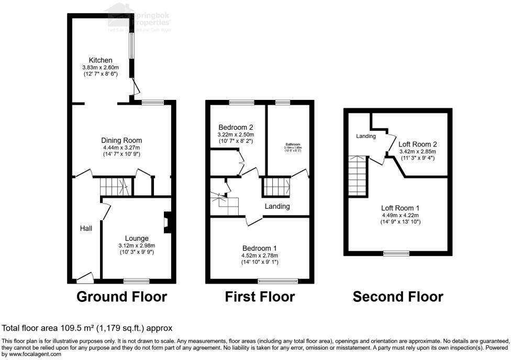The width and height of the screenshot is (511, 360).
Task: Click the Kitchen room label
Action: click(x=100, y=60)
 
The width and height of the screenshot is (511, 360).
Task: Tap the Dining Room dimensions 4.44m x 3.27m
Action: click(x=121, y=148)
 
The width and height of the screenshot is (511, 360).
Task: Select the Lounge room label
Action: click(x=137, y=238)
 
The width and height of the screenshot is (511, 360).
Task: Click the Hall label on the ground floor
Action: click(x=86, y=229)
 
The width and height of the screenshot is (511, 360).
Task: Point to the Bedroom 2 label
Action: click(x=236, y=127)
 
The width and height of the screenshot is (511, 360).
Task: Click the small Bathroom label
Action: click(x=293, y=144)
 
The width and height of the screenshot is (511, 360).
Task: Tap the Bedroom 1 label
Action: click(x=260, y=248)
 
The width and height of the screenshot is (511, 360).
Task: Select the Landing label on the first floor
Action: click(x=277, y=206)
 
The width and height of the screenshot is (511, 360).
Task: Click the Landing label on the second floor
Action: click(x=366, y=136)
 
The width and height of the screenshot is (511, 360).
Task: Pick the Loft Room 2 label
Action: click(x=417, y=144)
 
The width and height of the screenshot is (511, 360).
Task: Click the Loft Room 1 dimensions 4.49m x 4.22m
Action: click(x=400, y=215)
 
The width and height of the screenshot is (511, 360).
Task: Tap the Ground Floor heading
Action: click(x=121, y=297)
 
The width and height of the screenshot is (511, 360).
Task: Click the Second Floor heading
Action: click(x=397, y=297)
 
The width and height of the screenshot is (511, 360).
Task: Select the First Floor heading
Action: click(x=260, y=297)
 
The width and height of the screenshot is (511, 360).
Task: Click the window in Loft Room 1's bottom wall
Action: click(x=396, y=254)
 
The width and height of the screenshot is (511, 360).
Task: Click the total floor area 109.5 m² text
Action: click(x=87, y=328)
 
